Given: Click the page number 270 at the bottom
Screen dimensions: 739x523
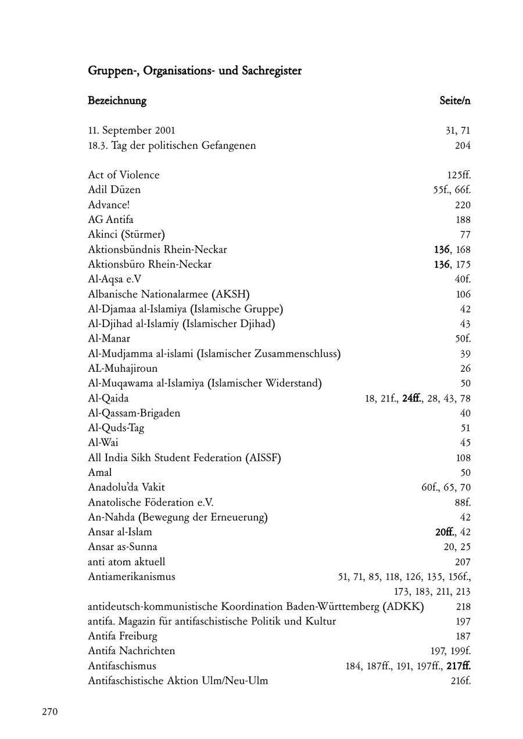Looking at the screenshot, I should tap(50, 712).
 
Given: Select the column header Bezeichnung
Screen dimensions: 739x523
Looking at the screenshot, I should tap(117, 101).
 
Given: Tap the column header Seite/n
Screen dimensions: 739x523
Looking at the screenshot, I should tap(454, 101).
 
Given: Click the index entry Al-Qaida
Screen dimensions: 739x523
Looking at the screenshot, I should tap(108, 399).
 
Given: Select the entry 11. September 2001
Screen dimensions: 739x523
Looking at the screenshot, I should tap(131, 131).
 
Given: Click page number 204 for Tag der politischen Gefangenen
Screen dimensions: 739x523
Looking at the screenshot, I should tap(463, 146).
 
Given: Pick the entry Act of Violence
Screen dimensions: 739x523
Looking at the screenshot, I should tap(123, 175).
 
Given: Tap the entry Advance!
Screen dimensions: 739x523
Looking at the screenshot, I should tap(108, 205).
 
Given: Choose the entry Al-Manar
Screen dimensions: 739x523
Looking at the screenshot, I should tap(109, 339).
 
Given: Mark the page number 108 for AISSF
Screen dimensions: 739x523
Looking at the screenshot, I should tap(463, 458).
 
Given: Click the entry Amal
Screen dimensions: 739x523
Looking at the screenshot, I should tap(99, 473).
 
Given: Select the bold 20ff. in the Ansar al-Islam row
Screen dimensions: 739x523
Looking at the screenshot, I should tap(445, 532).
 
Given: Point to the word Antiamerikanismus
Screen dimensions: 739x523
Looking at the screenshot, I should tap(131, 577).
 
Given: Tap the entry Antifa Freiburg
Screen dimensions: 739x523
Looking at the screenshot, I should tap(123, 637).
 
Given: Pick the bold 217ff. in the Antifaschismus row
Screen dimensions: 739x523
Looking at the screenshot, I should tap(458, 666).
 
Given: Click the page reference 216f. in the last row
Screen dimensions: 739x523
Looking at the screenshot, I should tap(460, 681).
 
